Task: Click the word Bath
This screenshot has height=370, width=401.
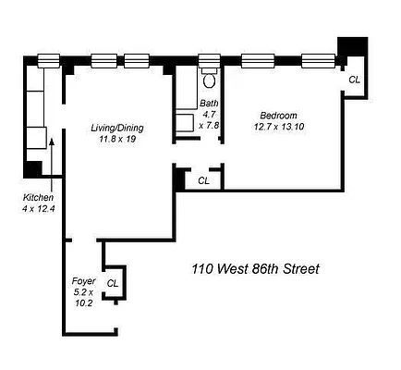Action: point(209,103)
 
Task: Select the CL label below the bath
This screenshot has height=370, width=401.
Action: point(204,180)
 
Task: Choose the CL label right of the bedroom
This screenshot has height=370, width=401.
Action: point(354,80)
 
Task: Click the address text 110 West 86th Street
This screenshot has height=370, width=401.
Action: point(255,270)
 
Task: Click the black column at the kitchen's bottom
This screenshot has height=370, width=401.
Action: point(33,169)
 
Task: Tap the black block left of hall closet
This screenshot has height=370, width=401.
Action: point(179,179)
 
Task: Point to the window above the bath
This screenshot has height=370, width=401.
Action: point(209,61)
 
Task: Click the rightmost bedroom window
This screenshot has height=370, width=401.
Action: point(319,61)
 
